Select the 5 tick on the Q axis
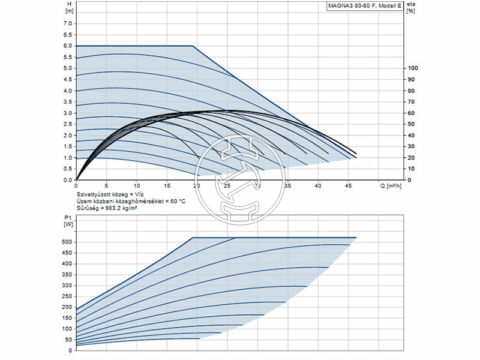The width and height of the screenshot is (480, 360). tap(106, 186)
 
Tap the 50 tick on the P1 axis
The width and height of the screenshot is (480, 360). tap(67, 340)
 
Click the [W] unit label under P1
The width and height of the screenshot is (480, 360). tap(67, 224)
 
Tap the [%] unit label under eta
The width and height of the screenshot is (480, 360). tap(411, 11)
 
